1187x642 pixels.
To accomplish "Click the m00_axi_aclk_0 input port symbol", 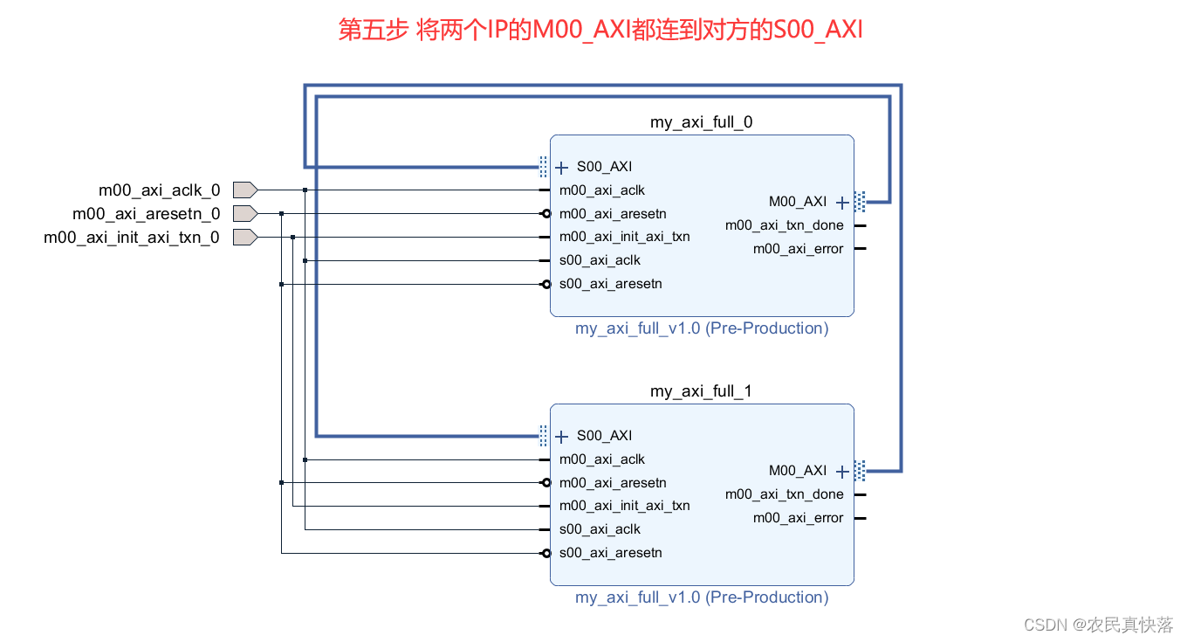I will (244, 190).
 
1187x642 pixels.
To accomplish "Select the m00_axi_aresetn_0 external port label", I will (146, 213).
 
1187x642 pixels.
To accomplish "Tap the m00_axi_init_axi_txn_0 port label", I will (132, 237).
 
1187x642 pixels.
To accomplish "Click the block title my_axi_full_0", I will (701, 122).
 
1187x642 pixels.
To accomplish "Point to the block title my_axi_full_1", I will (701, 391).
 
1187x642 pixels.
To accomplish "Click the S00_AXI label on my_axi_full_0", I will (604, 167).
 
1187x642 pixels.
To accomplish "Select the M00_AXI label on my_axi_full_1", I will (797, 471).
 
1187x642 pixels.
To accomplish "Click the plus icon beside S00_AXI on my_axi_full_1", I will (561, 436).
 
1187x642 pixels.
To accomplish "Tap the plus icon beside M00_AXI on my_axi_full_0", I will (841, 202).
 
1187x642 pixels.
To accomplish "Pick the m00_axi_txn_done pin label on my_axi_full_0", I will (784, 225).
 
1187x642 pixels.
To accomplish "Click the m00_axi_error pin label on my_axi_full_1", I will (798, 518).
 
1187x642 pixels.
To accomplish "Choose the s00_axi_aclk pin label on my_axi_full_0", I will (600, 260).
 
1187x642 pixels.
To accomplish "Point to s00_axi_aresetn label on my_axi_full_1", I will (610, 553).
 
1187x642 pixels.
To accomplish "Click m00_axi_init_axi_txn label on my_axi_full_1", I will (624, 506).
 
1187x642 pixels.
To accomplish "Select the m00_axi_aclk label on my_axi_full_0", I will (601, 190).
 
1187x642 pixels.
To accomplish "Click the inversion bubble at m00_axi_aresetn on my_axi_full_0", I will (546, 214).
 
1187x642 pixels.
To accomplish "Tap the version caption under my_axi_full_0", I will (701, 328).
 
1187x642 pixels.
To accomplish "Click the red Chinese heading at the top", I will (600, 30).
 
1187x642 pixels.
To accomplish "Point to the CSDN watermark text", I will (1098, 625).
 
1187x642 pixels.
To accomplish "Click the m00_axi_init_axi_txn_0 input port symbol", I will (244, 237).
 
